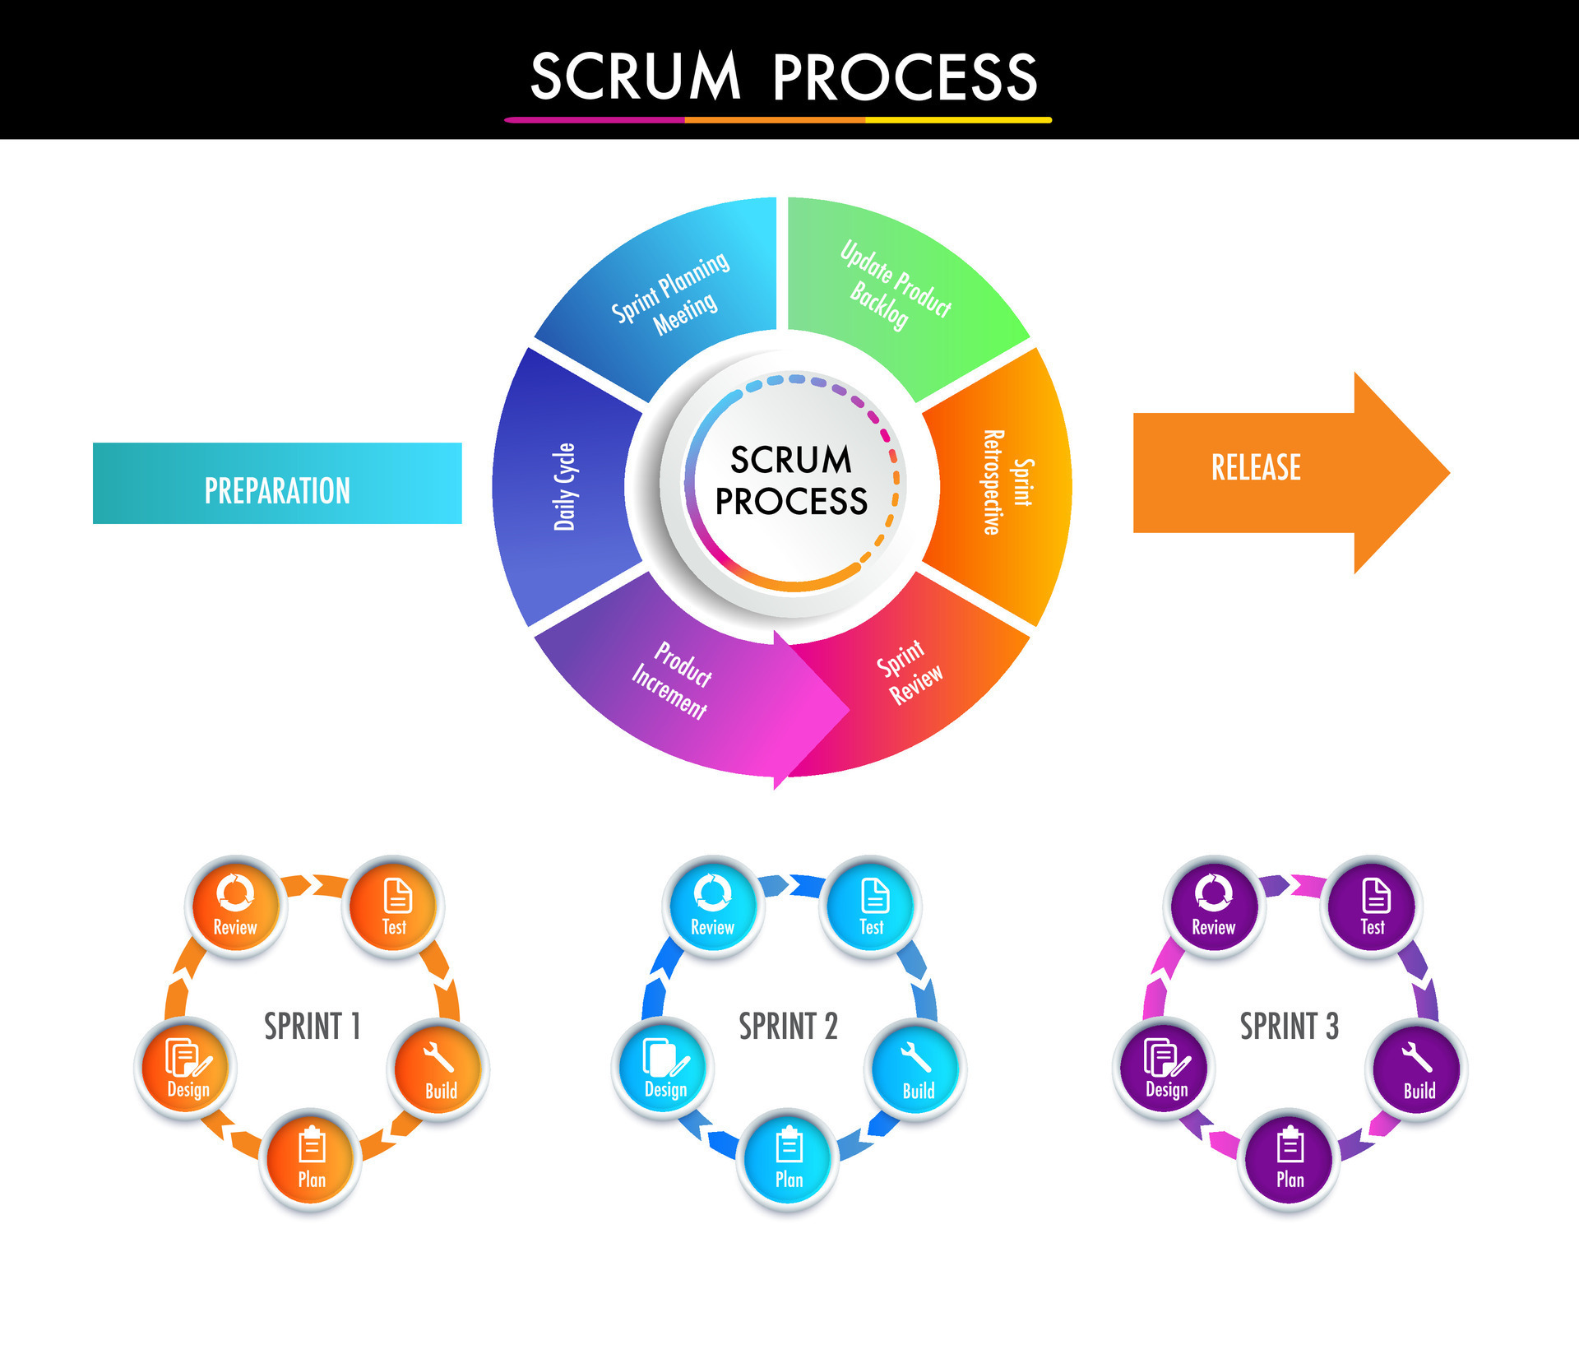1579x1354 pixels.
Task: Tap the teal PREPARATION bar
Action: pos(277,484)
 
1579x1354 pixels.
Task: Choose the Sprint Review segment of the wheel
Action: pos(909,675)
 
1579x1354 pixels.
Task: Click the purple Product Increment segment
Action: pos(674,683)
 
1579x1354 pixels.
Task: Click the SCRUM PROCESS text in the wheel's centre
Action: pos(791,480)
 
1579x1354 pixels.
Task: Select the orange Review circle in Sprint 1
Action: pos(236,905)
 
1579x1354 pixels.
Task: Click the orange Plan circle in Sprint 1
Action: pos(311,1158)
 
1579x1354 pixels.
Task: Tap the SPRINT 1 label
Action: pos(312,1026)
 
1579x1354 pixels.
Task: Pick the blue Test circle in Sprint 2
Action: pos(872,905)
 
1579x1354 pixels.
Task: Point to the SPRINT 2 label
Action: pos(788,1026)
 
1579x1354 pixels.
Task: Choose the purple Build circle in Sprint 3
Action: pos(1418,1069)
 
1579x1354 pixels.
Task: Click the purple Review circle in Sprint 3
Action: pos(1213,905)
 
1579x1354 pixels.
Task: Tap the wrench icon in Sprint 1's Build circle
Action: pos(438,1059)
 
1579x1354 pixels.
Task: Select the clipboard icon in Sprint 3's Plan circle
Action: pos(1290,1145)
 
